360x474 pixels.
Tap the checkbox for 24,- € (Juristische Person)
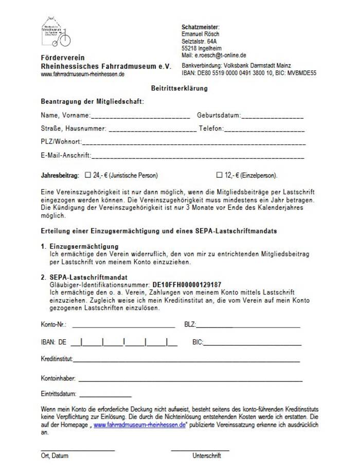[87, 175]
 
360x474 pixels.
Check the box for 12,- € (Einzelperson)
[220, 175]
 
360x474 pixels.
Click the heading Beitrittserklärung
[179, 88]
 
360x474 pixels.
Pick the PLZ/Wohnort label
[61, 142]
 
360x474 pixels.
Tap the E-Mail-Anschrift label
[66, 155]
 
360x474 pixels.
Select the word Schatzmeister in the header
[201, 27]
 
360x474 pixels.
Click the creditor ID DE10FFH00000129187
[187, 284]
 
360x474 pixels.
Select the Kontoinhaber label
[58, 378]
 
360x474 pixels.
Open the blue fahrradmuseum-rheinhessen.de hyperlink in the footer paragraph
[139, 425]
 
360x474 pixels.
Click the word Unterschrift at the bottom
[207, 455]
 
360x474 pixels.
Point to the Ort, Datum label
[55, 455]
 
